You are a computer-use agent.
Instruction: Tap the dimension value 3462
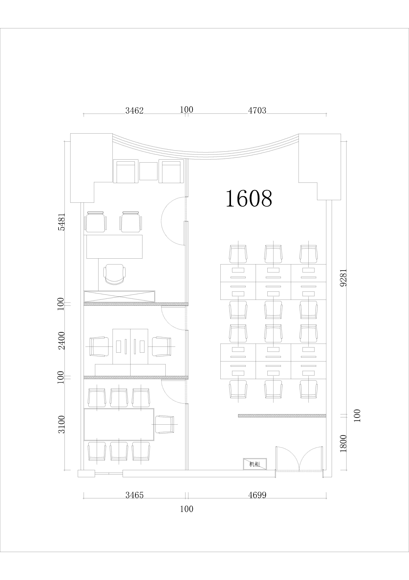pyautogui.click(x=134, y=111)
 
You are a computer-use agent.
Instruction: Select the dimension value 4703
pyautogui.click(x=257, y=111)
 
